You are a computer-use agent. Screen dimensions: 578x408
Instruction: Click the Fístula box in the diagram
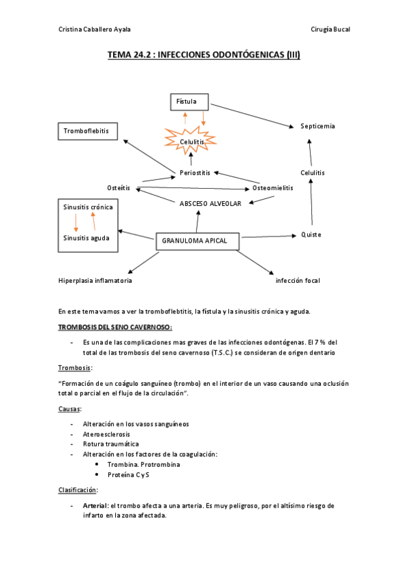(189, 102)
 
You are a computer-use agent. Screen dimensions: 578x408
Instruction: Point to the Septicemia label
(317, 126)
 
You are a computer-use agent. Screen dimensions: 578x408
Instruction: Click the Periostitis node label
(195, 172)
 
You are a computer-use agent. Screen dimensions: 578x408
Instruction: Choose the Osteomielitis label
(272, 187)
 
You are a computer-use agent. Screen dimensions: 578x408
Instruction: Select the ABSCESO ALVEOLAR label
(210, 203)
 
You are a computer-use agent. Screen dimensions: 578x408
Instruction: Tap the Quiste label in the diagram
(311, 234)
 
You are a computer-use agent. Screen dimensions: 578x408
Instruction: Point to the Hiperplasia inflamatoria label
(95, 280)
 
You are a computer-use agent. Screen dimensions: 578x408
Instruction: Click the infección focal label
(298, 280)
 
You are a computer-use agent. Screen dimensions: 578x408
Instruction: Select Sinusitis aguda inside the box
(86, 238)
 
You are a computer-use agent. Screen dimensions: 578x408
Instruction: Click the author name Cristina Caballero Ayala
(95, 29)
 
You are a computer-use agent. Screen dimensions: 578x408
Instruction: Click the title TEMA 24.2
(204, 57)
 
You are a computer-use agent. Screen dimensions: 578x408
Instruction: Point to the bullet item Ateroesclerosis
(106, 433)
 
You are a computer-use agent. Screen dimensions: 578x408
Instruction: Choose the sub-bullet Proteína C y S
(129, 474)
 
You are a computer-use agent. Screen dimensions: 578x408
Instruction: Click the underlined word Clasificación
(78, 489)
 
